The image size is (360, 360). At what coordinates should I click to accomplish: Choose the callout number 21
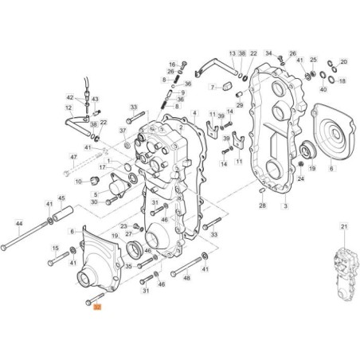344,227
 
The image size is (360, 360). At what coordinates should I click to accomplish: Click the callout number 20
344,61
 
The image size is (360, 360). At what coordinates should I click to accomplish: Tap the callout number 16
171,64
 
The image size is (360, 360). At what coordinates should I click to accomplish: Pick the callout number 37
123,130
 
